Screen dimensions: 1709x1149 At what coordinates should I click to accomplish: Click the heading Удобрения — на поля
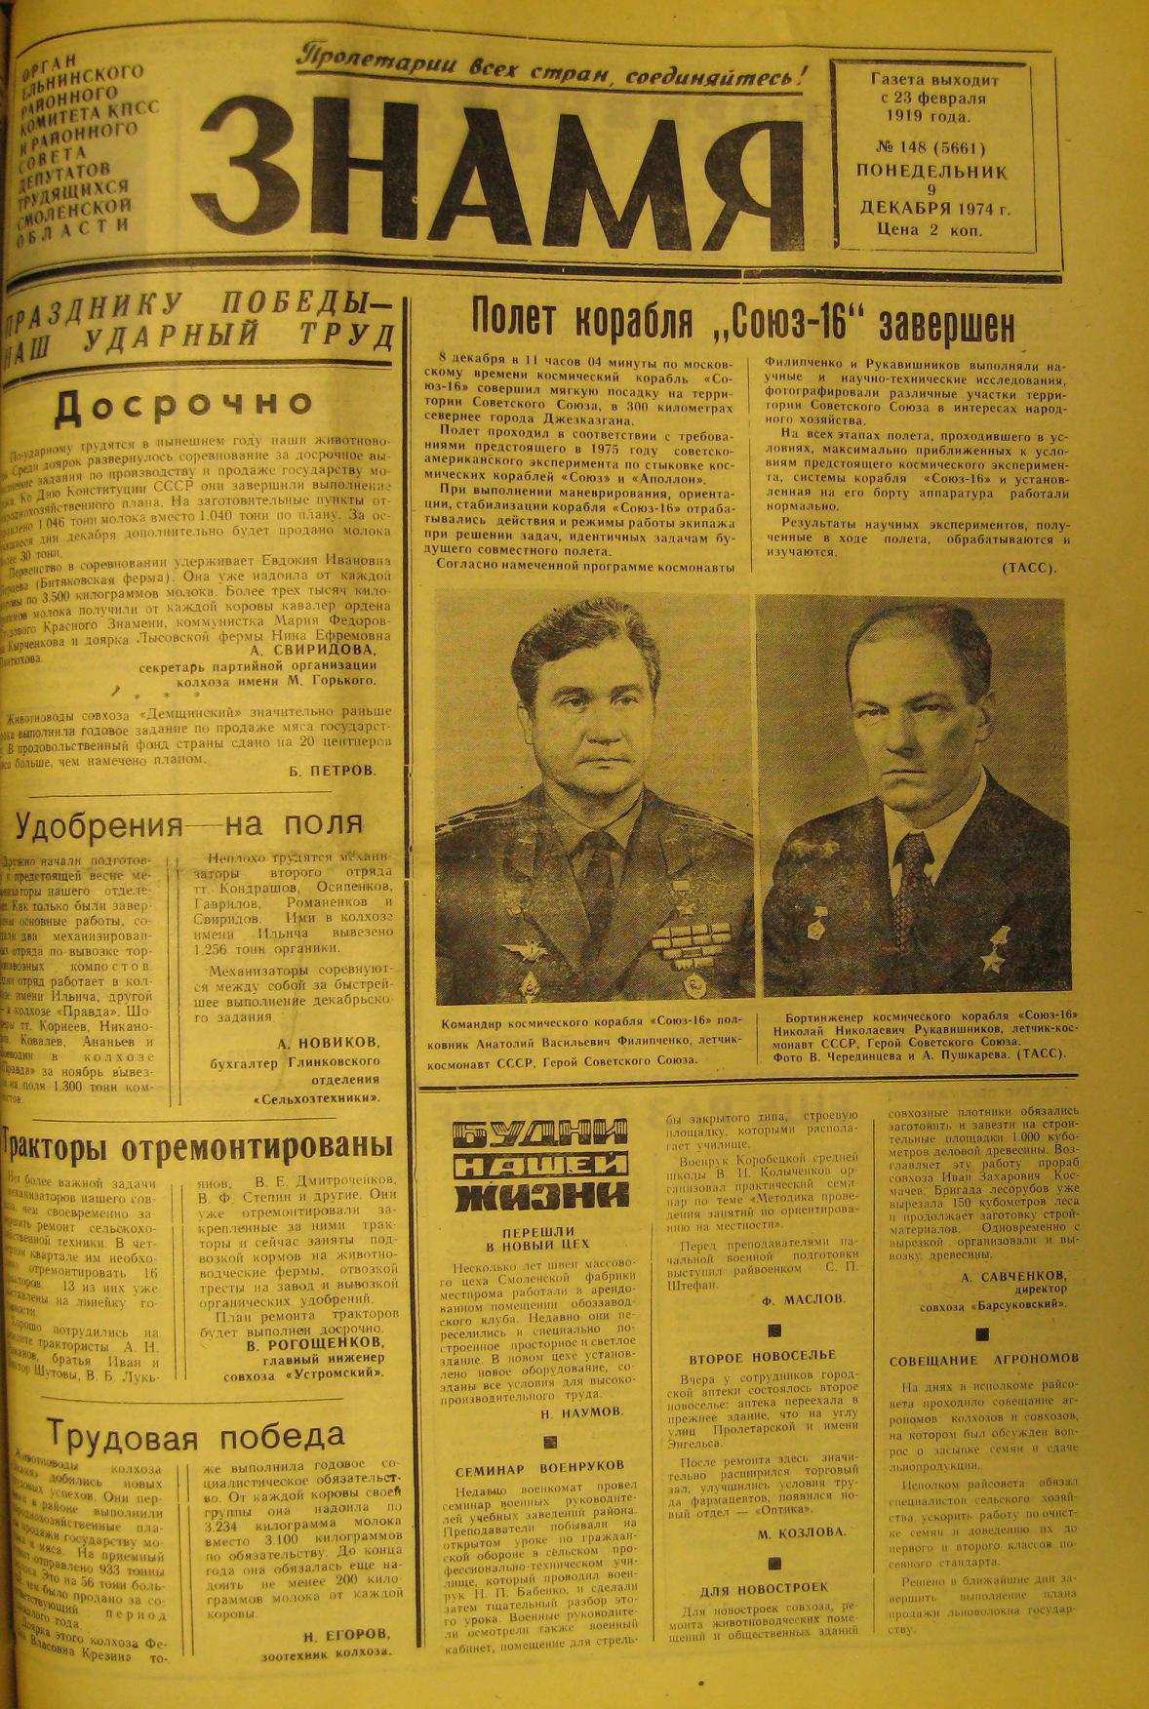click(x=188, y=825)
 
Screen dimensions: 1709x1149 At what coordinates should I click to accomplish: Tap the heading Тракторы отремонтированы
click(x=198, y=1144)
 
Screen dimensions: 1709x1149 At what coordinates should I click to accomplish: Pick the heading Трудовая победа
click(x=195, y=1436)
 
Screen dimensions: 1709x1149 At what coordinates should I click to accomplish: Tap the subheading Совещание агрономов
click(x=983, y=1359)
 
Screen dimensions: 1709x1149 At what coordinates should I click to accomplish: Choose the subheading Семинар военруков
click(x=538, y=1466)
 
